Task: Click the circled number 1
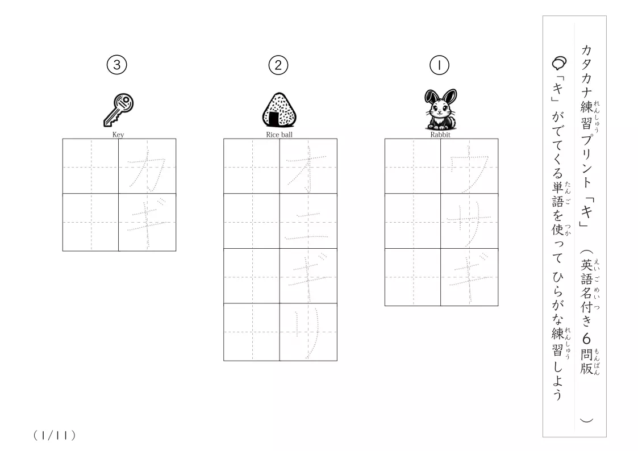click(x=439, y=65)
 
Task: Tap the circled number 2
click(x=278, y=65)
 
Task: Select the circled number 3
click(x=117, y=65)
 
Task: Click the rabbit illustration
click(x=440, y=109)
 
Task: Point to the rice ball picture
click(x=279, y=110)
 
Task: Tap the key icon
click(x=118, y=110)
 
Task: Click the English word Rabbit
click(x=440, y=135)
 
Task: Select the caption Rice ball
click(x=279, y=135)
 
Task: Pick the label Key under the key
click(x=118, y=135)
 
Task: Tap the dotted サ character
click(x=469, y=223)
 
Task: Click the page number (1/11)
click(x=55, y=436)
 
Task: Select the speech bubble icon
click(x=559, y=64)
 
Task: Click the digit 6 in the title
click(x=586, y=339)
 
